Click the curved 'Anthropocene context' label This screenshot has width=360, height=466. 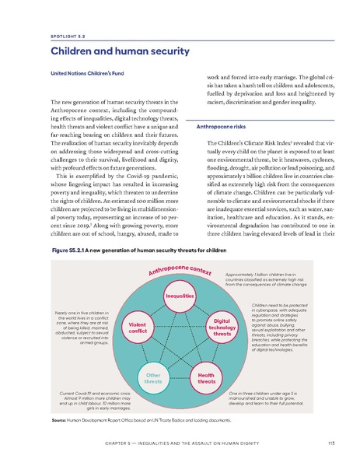pyautogui.click(x=180, y=269)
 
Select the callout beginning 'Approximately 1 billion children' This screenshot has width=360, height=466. pyautogui.click(x=268, y=279)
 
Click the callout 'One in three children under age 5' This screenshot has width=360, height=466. pyautogui.click(x=274, y=397)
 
